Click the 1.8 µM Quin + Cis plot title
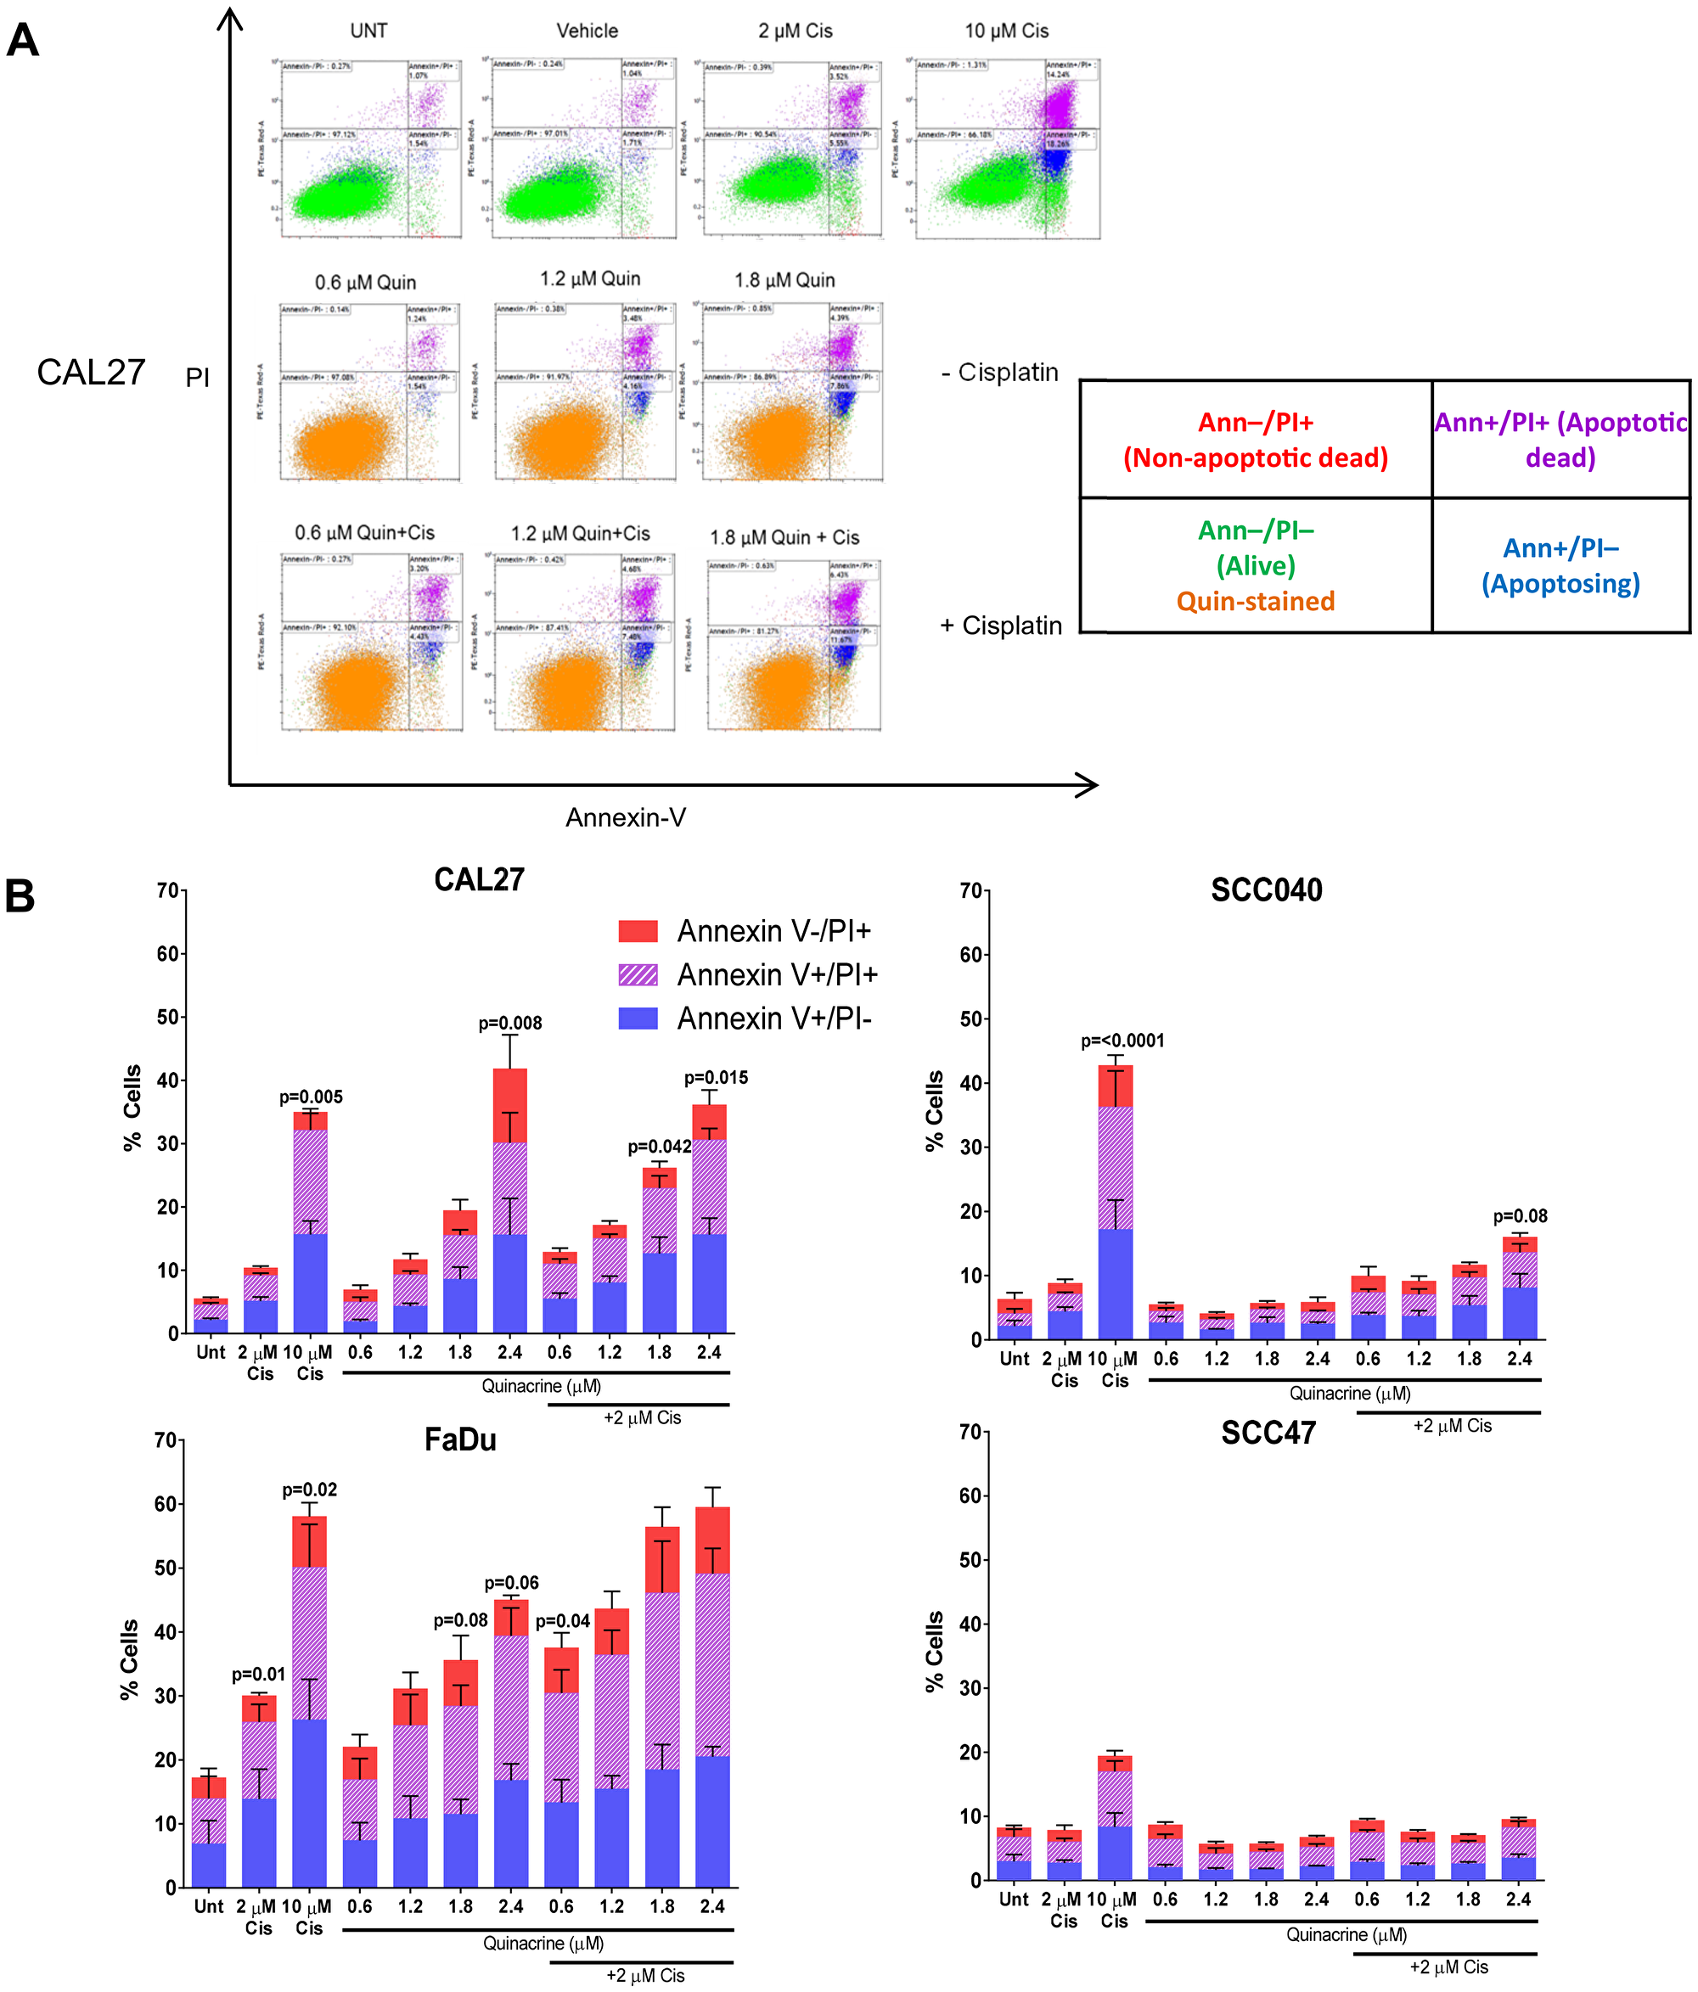[x=784, y=537]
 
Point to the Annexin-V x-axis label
[x=625, y=817]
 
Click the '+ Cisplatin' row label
[x=1000, y=625]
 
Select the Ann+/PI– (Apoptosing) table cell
[x=1560, y=565]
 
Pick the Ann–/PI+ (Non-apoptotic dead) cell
[x=1255, y=440]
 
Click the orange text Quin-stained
[x=1255, y=601]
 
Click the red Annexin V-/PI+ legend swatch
[x=638, y=930]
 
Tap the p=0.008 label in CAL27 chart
[x=509, y=1023]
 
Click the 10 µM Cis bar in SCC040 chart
[x=1115, y=1202]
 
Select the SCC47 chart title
[x=1268, y=1433]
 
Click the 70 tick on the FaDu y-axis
[x=165, y=1440]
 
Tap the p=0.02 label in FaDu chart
[x=309, y=1490]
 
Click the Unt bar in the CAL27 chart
[x=211, y=1316]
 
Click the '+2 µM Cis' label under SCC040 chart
[x=1451, y=1426]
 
